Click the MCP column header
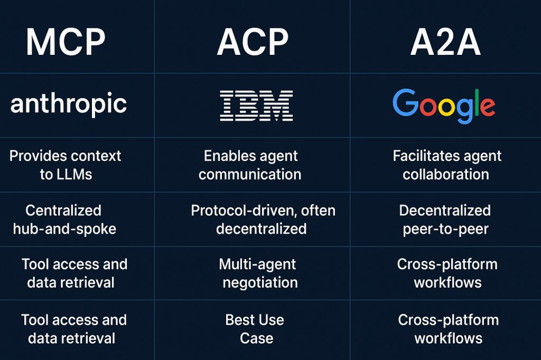click(x=66, y=42)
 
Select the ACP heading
click(x=253, y=42)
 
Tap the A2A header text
click(x=445, y=42)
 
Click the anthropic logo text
click(x=69, y=103)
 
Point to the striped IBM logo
click(x=256, y=106)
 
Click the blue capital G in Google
click(x=406, y=102)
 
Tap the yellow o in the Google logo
click(x=447, y=106)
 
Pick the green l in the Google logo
click(x=478, y=102)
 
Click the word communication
click(x=250, y=174)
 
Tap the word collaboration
click(x=446, y=174)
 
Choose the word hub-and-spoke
click(x=64, y=229)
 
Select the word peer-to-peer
click(x=446, y=229)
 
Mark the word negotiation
click(x=260, y=283)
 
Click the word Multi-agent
click(x=257, y=264)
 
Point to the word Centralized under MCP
click(x=63, y=210)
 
